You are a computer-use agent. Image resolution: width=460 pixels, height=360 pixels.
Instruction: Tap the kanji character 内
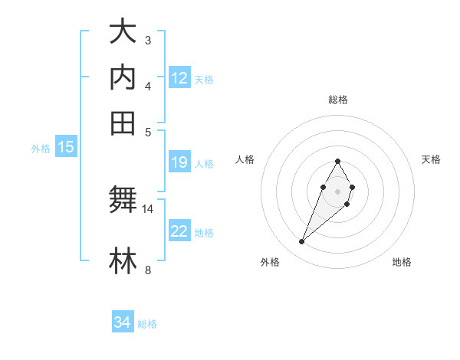pos(123,77)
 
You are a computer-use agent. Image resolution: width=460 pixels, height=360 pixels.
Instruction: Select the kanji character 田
pos(123,122)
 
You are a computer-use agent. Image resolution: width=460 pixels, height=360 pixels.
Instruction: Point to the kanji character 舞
pos(123,201)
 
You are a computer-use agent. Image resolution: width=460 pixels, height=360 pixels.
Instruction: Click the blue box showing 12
pos(179,78)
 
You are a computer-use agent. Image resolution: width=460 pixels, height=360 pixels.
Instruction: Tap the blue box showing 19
pos(179,162)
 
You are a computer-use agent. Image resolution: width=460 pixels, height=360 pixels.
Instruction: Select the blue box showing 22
pos(179,232)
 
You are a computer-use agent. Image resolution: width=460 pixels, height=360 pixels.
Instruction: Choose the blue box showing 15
pos(66,148)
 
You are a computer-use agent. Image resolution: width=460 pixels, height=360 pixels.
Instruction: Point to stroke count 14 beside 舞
pos(148,208)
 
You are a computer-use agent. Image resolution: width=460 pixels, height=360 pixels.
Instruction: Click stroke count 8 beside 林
pos(148,270)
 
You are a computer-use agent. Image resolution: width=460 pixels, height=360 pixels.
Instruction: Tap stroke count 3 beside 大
pos(148,40)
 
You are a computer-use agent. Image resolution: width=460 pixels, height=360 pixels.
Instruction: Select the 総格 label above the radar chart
pos(338,100)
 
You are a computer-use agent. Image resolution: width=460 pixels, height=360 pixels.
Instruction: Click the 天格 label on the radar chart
pos(432,159)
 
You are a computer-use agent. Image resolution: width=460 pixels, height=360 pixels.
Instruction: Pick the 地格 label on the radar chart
pos(402,262)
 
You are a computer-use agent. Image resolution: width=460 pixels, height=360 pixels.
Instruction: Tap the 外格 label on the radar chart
pos(270,262)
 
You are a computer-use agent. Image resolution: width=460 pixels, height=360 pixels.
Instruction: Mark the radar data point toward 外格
pos(302,242)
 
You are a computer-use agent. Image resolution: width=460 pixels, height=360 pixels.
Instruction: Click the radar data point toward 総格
pos(337,161)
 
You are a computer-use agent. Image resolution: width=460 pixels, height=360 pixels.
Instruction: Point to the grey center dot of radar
pos(337,190)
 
